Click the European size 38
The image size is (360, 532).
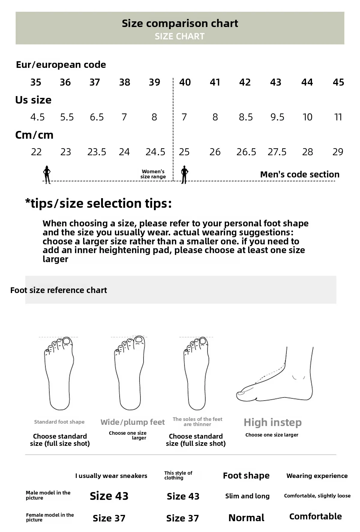(x=124, y=82)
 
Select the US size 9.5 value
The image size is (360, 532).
(x=277, y=117)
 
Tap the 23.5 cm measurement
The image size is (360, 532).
(x=97, y=152)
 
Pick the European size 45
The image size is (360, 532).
(x=338, y=82)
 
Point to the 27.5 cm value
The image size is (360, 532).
(x=277, y=152)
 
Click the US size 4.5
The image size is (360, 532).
(x=37, y=117)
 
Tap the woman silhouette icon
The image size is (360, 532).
(x=47, y=174)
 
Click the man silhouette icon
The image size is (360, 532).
(x=184, y=174)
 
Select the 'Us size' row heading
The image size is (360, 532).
(x=33, y=100)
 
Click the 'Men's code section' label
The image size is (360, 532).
(x=300, y=174)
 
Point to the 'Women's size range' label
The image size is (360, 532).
(x=153, y=174)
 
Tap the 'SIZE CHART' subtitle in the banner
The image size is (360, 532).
(x=180, y=36)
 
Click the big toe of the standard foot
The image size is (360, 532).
(x=67, y=341)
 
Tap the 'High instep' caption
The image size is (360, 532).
(x=273, y=422)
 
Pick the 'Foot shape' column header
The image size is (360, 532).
(x=246, y=476)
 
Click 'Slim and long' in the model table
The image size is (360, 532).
(x=247, y=496)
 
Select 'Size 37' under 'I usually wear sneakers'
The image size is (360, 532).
(x=109, y=518)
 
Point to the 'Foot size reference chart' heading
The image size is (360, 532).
(x=58, y=290)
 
